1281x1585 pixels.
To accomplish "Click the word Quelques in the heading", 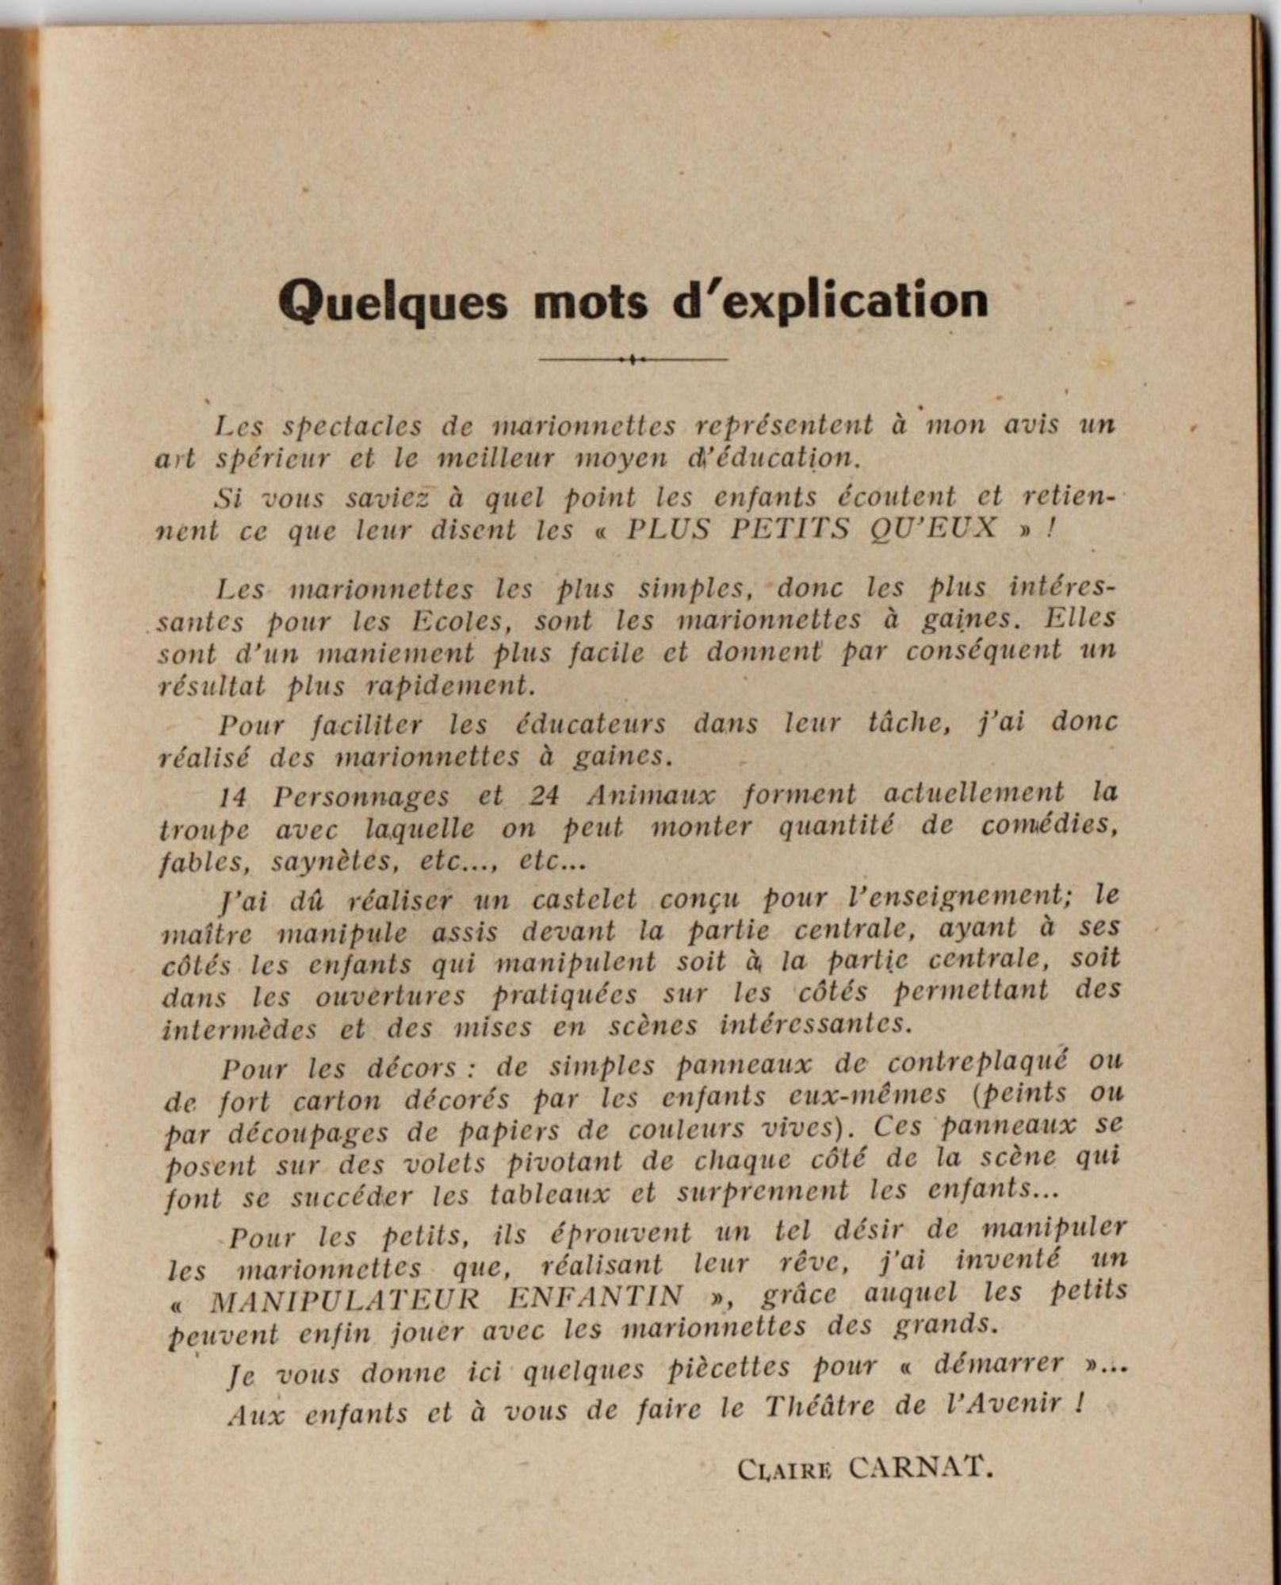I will pyautogui.click(x=393, y=302).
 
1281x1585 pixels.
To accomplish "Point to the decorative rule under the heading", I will pyautogui.click(x=633, y=360).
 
